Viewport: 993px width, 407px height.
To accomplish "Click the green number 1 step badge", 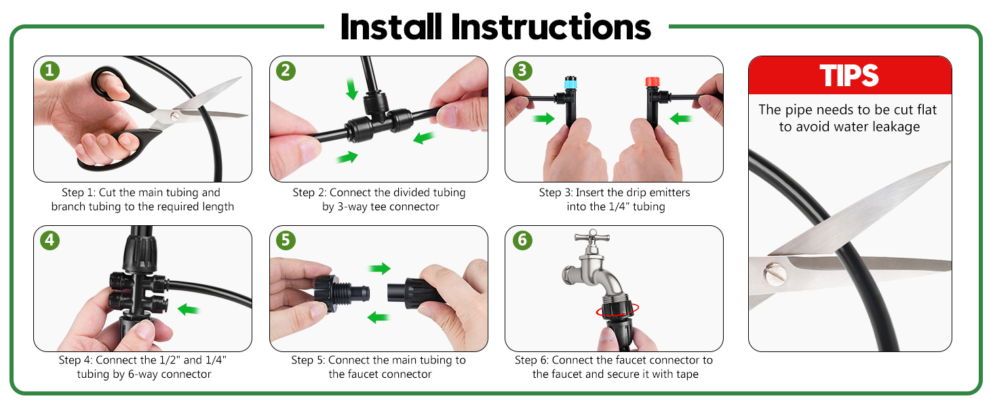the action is coord(50,71).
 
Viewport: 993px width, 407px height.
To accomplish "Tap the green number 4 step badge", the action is coord(50,240).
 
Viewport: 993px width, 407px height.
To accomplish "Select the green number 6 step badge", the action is coord(522,240).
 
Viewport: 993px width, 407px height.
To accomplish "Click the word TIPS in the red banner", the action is coord(849,75).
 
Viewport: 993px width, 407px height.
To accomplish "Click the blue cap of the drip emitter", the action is coord(570,83).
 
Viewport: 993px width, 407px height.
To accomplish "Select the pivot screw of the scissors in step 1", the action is coord(175,116).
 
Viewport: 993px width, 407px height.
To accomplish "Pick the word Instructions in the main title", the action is coord(551,28).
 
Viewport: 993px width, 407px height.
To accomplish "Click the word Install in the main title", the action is coord(391,28).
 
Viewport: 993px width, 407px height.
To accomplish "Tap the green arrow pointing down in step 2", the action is coord(352,89).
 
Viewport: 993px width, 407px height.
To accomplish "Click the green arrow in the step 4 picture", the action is coord(189,309).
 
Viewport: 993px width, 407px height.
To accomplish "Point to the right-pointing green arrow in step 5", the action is coord(379,268).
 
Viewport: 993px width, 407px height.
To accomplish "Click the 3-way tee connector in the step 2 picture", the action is coord(378,117).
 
